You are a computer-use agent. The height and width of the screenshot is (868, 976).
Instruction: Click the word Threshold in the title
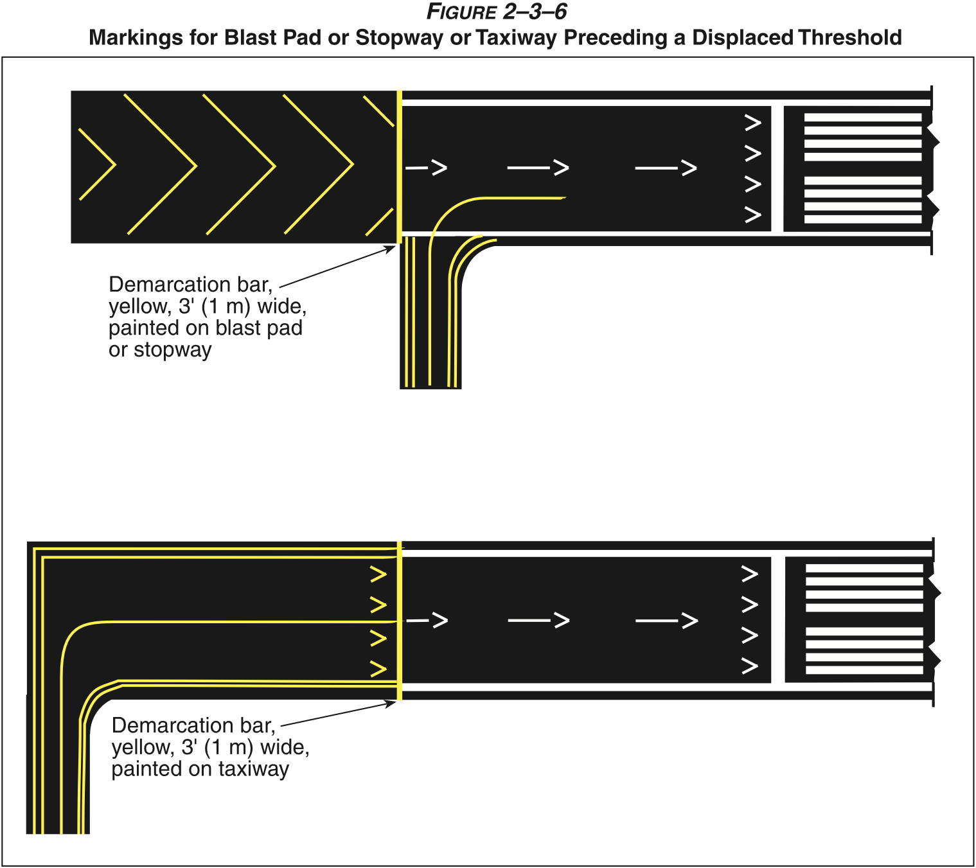click(850, 38)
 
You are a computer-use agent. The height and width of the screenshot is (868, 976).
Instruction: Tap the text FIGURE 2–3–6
click(497, 12)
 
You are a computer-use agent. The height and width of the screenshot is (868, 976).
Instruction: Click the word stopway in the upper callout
click(173, 350)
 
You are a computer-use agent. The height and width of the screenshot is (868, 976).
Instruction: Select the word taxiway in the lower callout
click(254, 769)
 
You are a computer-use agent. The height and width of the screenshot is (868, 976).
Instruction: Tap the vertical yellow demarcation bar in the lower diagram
click(400, 620)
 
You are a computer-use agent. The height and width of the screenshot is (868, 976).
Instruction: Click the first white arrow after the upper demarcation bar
click(427, 168)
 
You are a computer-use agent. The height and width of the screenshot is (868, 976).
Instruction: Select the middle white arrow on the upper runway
click(538, 168)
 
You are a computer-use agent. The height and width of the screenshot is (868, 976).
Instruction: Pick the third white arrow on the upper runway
click(666, 168)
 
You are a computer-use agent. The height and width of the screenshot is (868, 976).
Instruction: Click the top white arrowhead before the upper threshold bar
click(752, 122)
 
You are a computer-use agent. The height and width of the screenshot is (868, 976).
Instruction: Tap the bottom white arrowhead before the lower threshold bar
click(750, 666)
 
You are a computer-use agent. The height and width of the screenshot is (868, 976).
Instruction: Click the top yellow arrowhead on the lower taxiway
click(378, 574)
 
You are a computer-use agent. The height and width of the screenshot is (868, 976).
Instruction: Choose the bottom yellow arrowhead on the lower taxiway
click(378, 669)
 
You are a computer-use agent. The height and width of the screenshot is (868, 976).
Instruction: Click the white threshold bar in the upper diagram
click(777, 168)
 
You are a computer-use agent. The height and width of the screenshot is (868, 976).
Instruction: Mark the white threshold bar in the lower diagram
click(778, 620)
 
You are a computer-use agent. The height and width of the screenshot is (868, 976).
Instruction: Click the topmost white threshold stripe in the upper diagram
click(863, 118)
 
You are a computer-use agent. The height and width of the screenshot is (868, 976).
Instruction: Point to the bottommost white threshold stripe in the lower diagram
click(864, 670)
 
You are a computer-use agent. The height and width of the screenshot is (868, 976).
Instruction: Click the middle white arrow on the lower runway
click(539, 621)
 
